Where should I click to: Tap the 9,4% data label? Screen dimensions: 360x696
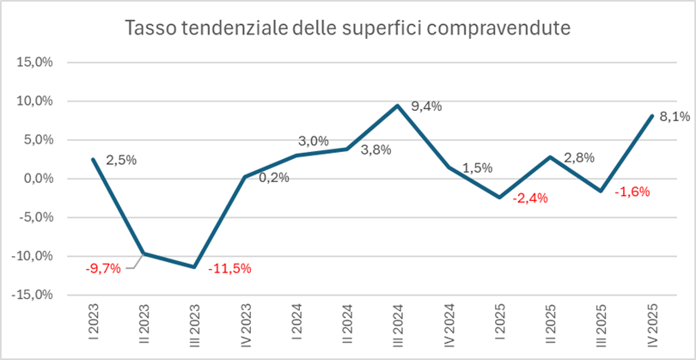pos(426,107)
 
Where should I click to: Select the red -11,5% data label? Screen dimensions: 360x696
pos(229,268)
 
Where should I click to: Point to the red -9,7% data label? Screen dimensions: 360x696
pos(103,268)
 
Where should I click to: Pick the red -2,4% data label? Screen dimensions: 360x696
pos(530,198)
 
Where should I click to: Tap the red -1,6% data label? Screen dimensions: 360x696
pos(632,192)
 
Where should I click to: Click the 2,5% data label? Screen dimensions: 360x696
pos(121,160)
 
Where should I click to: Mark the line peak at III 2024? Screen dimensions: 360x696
pos(398,106)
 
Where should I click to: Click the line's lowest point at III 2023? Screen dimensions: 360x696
pos(194,267)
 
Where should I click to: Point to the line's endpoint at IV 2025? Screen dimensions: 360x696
pos(652,116)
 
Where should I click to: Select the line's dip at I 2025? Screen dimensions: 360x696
pos(499,198)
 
